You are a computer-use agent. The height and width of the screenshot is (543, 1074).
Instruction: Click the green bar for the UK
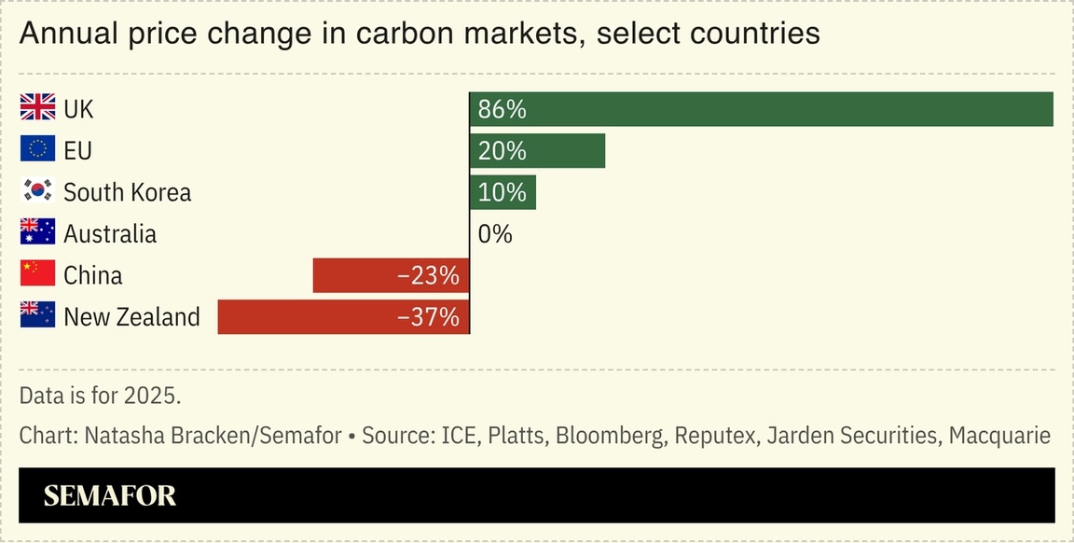click(761, 109)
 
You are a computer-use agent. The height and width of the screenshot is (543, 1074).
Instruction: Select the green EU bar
click(537, 150)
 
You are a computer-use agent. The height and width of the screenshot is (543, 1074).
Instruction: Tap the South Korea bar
click(503, 192)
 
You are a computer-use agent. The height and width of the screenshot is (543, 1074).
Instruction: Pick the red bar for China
click(391, 275)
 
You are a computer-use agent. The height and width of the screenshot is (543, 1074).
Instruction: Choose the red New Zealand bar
click(343, 317)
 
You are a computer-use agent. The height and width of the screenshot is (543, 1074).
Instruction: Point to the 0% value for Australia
click(495, 234)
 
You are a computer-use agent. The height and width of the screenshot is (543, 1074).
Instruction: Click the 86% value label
click(503, 109)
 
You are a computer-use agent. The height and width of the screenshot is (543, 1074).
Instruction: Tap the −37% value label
click(428, 317)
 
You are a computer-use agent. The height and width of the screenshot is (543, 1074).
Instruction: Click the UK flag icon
click(37, 109)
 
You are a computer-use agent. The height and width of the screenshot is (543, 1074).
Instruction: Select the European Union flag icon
click(37, 150)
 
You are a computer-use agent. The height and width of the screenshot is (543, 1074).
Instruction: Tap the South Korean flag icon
click(37, 192)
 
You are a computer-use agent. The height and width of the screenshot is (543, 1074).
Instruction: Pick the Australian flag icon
click(37, 233)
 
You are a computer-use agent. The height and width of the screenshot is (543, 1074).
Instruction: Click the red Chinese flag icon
click(37, 275)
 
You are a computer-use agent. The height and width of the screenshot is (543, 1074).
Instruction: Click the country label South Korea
click(127, 192)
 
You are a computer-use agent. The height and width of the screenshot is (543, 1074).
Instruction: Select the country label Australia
click(110, 233)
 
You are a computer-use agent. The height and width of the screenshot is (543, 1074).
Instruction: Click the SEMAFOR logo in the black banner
click(110, 495)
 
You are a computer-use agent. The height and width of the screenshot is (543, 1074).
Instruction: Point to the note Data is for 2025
click(100, 395)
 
